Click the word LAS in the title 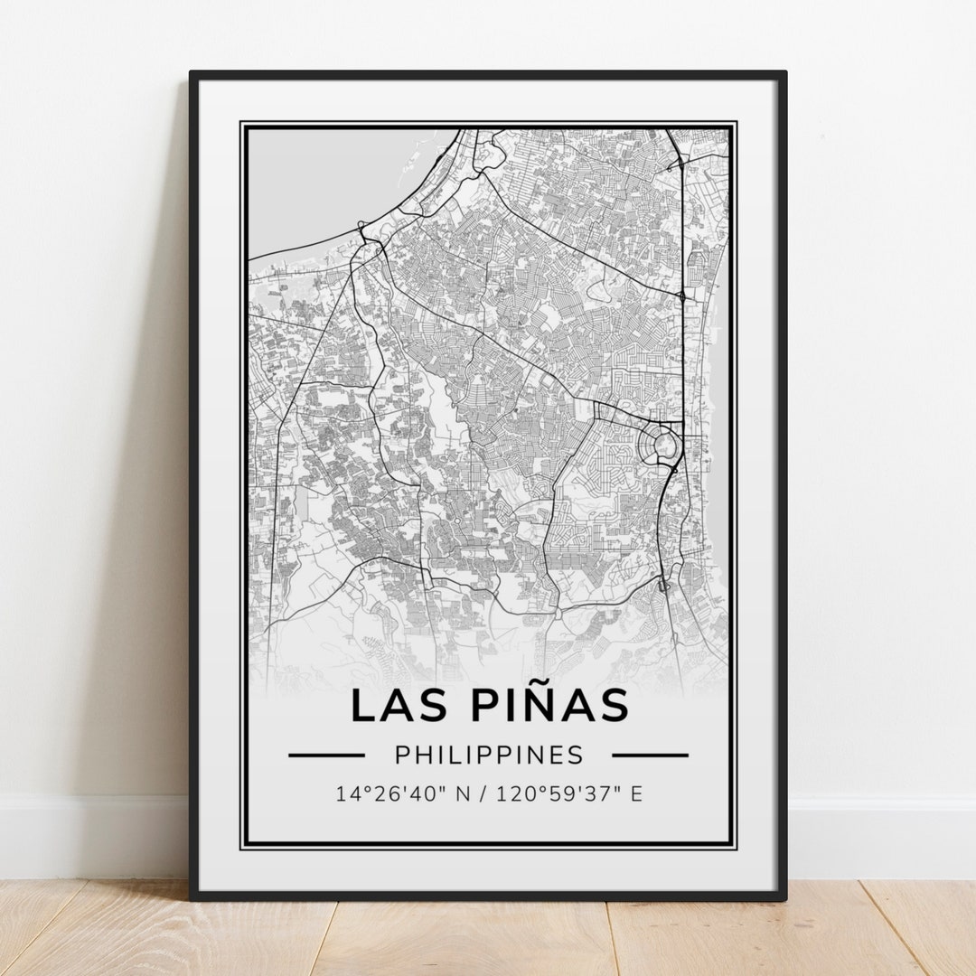[393, 706]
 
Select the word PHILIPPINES [489, 755]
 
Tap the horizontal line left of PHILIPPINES [326, 755]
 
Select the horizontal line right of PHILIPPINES [650, 755]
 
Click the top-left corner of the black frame [192, 74]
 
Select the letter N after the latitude [464, 794]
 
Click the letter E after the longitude [636, 794]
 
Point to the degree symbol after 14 [361, 789]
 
